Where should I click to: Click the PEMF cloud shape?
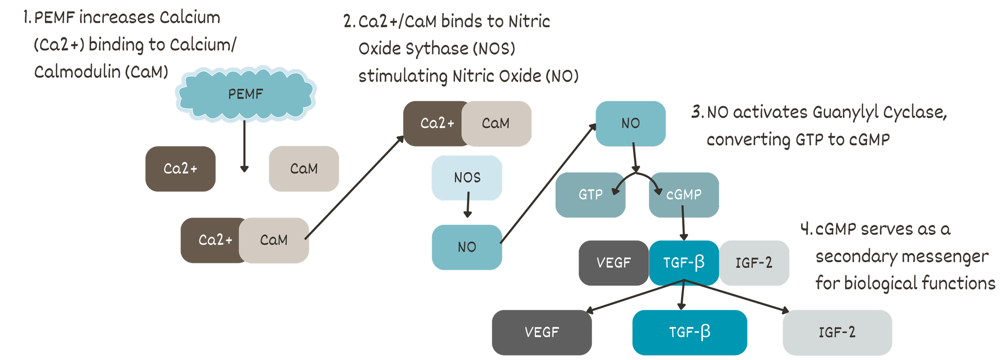[x=246, y=94]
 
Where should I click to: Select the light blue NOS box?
[x=467, y=178]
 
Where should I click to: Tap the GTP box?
[x=590, y=195]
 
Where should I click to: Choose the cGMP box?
[x=684, y=195]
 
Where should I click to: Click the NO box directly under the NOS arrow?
[x=467, y=247]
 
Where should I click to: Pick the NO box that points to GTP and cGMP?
[x=630, y=123]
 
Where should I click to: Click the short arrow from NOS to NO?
[x=468, y=205]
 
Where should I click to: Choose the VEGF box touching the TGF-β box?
[x=613, y=263]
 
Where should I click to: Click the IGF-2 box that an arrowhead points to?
[x=837, y=332]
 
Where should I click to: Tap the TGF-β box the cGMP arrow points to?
[x=684, y=263]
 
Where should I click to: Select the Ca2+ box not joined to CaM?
[x=181, y=169]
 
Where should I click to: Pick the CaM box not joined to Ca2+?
[x=304, y=169]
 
